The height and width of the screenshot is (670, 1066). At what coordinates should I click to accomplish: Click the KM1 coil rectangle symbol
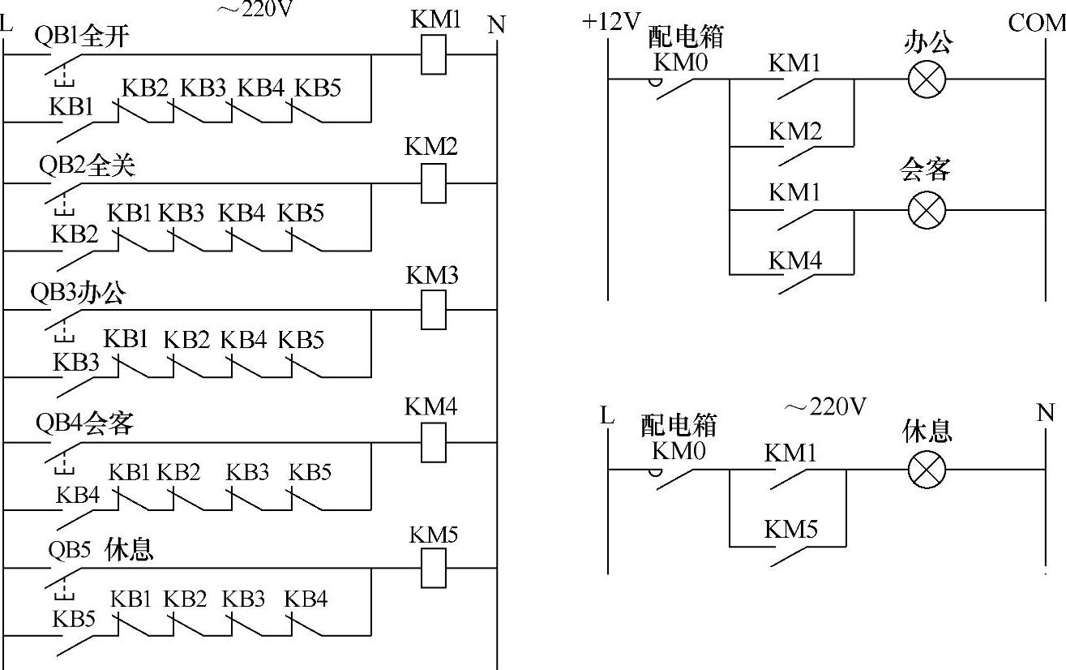click(x=434, y=55)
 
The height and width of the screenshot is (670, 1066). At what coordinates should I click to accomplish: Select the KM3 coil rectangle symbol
click(x=434, y=310)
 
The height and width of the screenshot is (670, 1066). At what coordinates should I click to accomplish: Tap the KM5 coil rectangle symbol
click(x=434, y=567)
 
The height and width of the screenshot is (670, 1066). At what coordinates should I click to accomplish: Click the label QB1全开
click(x=82, y=36)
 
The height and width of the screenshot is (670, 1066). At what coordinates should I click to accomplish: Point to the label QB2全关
click(x=87, y=165)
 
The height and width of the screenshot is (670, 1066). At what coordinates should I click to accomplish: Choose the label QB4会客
click(x=83, y=423)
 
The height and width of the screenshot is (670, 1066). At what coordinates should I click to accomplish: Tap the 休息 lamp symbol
click(x=927, y=469)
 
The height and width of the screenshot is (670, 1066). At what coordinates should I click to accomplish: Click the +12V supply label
click(x=611, y=22)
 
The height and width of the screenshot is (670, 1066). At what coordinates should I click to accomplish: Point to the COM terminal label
click(x=1036, y=23)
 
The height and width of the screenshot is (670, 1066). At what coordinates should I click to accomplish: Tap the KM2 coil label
click(x=431, y=146)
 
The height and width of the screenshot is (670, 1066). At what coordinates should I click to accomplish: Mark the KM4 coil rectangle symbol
click(x=434, y=442)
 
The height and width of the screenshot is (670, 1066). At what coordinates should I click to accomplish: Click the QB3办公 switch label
click(x=78, y=293)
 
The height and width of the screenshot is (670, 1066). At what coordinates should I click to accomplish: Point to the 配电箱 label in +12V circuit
click(x=686, y=37)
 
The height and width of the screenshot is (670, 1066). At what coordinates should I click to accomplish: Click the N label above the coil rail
click(x=496, y=25)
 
